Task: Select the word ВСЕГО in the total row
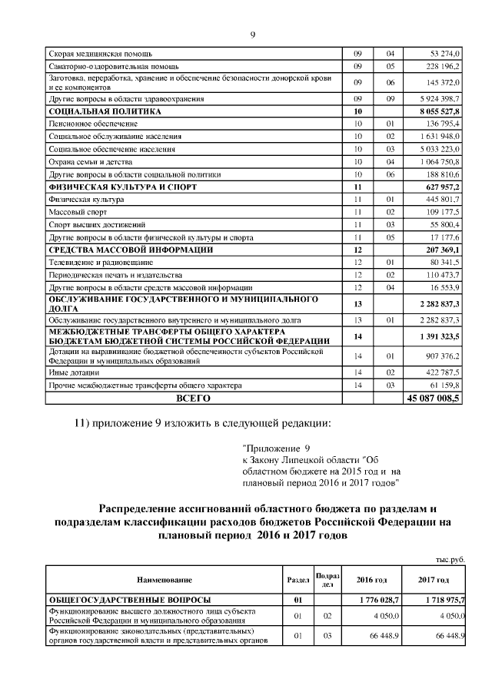[x=193, y=399]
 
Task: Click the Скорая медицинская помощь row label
[x=100, y=54]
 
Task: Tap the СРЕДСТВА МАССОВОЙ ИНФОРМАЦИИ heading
[x=131, y=250]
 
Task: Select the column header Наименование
[x=165, y=579]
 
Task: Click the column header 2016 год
[x=371, y=579]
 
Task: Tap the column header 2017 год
[x=434, y=579]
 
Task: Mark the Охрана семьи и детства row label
[x=90, y=162]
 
